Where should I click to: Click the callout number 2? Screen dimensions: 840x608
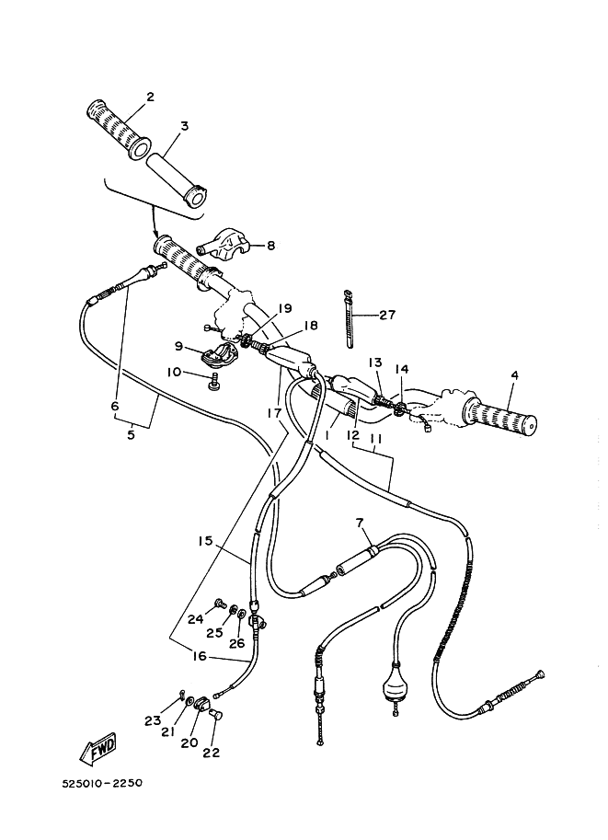[x=149, y=97]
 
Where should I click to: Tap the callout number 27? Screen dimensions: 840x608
[x=386, y=315]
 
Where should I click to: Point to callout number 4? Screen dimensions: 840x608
[x=513, y=374]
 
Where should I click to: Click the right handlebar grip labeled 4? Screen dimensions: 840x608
[x=500, y=418]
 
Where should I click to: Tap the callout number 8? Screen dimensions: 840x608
[x=270, y=246]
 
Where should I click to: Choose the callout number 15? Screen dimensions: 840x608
[x=205, y=541]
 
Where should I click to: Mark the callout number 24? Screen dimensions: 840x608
[x=195, y=619]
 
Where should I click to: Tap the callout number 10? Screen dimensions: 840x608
[x=174, y=372]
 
